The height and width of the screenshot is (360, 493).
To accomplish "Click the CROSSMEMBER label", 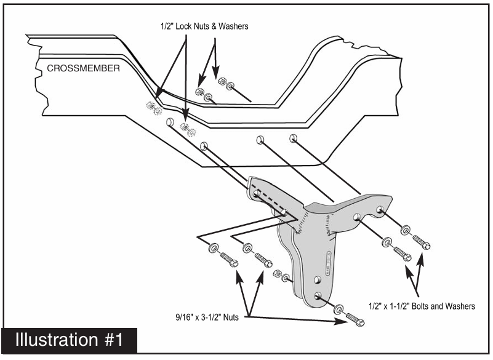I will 84,68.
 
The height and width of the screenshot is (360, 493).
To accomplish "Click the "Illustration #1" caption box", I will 69,340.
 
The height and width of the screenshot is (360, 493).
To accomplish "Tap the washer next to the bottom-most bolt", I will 339,310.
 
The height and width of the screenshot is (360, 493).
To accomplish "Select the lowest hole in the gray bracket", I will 317,297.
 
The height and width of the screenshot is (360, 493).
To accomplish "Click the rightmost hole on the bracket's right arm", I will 379,210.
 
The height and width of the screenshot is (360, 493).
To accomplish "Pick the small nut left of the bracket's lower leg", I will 278,273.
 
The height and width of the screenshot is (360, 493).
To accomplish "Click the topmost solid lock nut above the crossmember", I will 223,81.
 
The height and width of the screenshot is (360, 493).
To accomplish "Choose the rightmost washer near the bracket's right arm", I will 406,230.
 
